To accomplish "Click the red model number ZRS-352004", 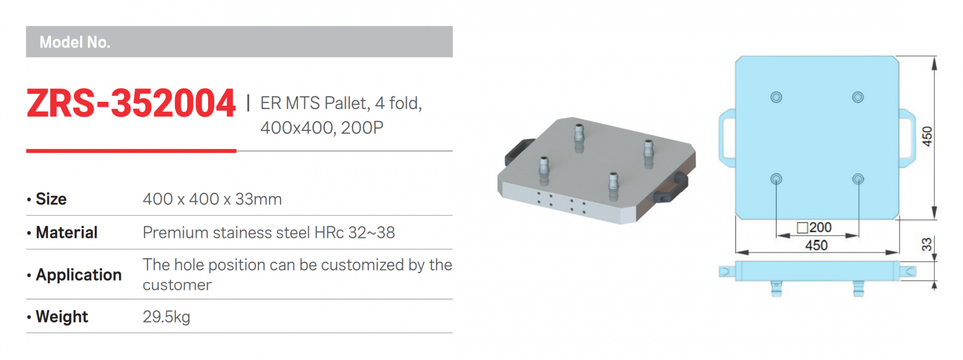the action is [131, 103].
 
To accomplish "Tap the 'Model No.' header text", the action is [75, 42].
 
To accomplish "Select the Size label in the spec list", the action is [51, 199].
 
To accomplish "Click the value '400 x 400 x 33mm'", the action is [212, 199].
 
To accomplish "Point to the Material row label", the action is [67, 233].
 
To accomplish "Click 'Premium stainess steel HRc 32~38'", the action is [269, 233].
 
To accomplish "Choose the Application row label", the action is [79, 275].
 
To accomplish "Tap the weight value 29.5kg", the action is [167, 317].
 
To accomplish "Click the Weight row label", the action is [62, 317].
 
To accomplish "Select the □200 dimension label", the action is [815, 228].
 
